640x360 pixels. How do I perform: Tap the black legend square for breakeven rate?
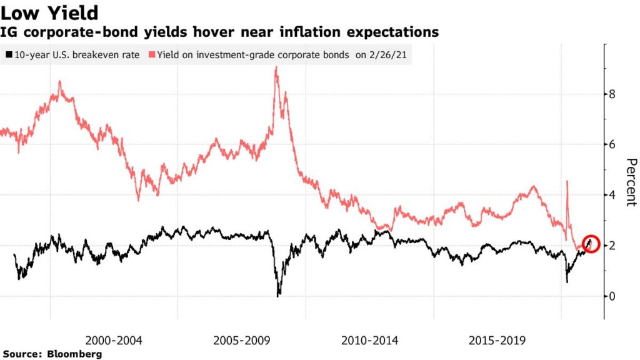[8, 54]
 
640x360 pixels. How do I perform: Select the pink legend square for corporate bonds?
[152, 54]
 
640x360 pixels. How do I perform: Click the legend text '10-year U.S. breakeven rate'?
[76, 54]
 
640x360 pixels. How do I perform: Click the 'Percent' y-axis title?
[630, 182]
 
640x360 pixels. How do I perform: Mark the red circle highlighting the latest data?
[591, 244]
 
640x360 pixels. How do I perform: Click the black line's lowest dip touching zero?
[278, 294]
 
